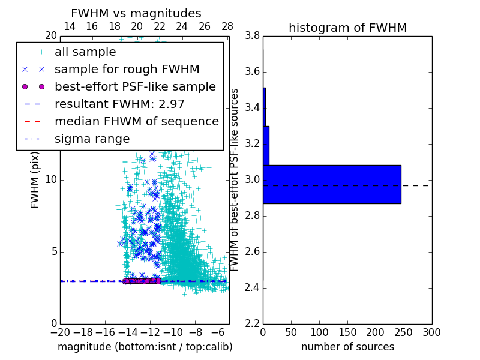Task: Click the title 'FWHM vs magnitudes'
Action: (136, 13)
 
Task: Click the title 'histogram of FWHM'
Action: (347, 28)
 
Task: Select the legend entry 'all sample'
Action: (85, 52)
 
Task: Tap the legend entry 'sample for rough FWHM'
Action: (127, 70)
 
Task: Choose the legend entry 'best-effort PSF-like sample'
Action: (135, 86)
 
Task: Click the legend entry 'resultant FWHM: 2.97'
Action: (119, 104)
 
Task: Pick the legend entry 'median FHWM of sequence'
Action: (136, 121)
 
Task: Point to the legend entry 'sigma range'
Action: (92, 139)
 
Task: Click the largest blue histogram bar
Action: (332, 184)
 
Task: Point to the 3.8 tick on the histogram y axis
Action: (253, 36)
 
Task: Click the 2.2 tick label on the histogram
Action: (253, 323)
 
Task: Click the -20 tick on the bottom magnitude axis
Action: (60, 332)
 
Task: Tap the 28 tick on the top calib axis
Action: (227, 26)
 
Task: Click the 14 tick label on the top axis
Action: (69, 26)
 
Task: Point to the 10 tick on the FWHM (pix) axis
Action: (50, 180)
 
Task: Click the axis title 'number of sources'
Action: (347, 347)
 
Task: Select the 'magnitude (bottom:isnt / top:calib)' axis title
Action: (145, 347)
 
